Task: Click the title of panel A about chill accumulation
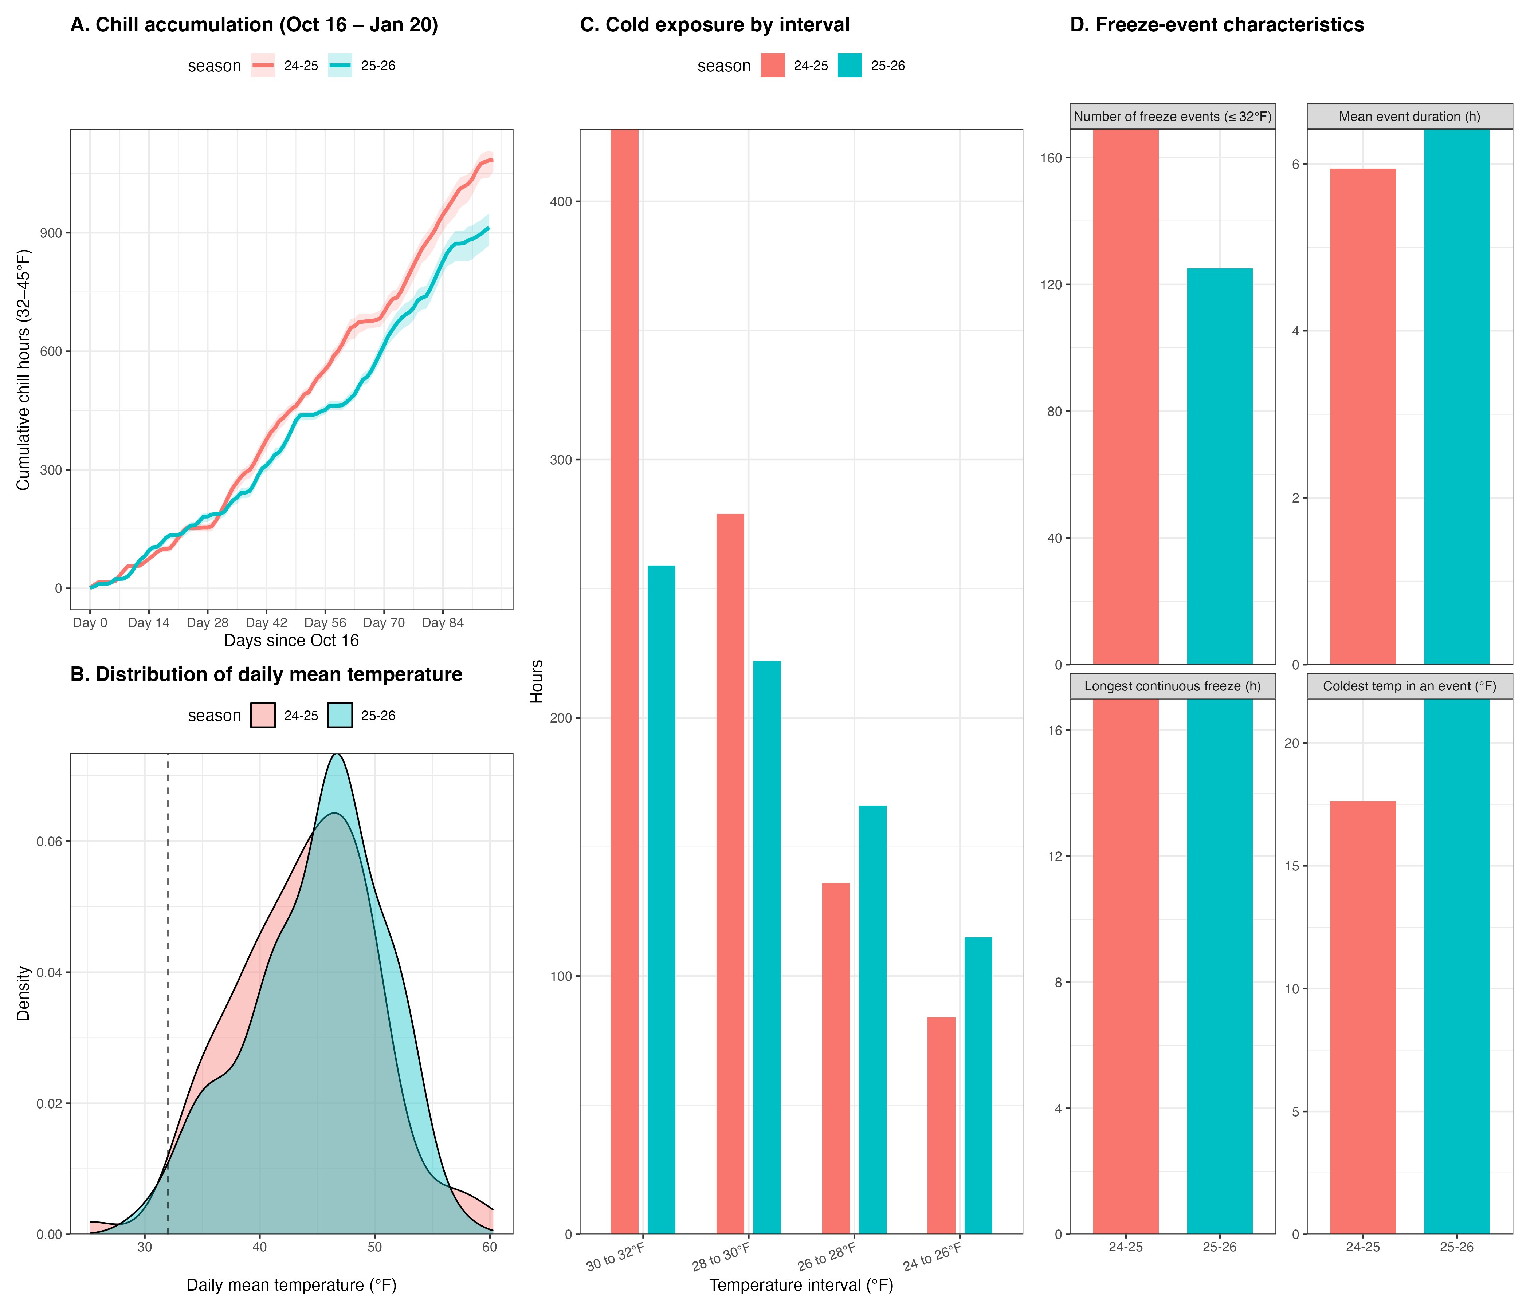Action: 254,25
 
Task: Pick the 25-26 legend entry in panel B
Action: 362,715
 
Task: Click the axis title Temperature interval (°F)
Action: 801,1285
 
